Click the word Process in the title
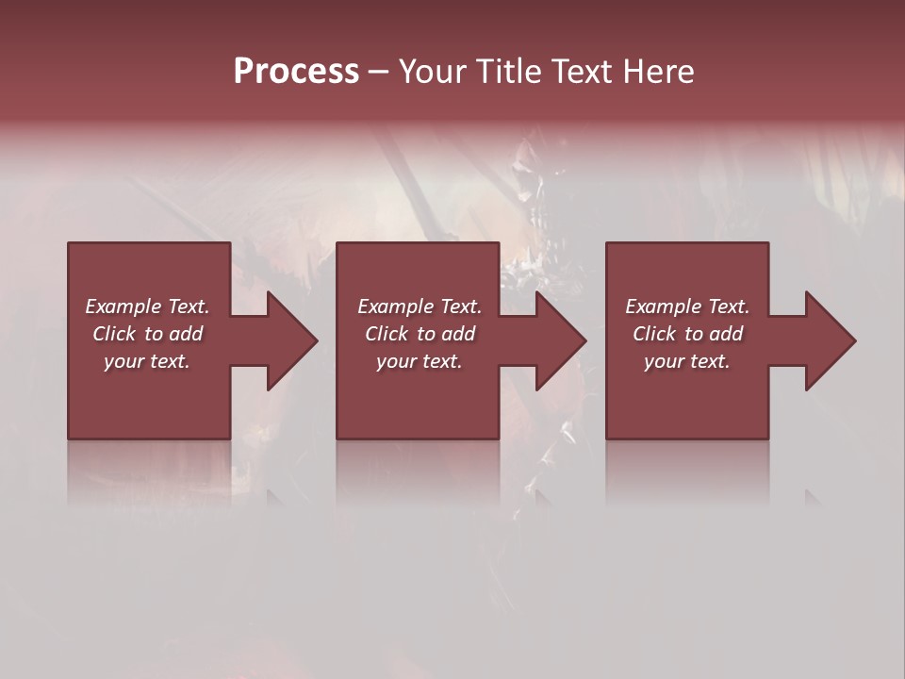[296, 72]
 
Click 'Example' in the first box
[123, 306]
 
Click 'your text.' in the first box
[147, 361]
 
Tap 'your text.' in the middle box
[420, 361]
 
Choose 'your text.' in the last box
[687, 361]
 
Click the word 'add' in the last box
[727, 334]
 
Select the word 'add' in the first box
[187, 334]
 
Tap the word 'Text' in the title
[584, 72]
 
